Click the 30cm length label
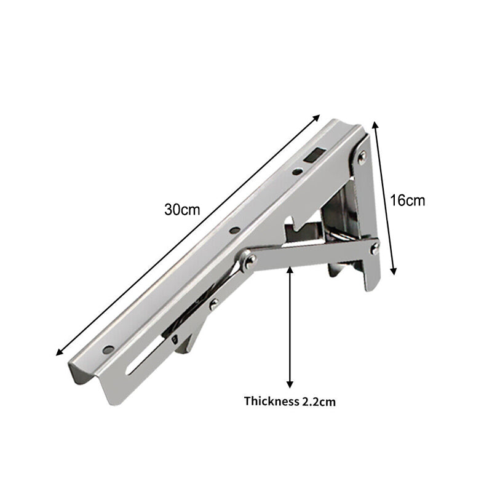(x=182, y=208)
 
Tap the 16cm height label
(x=408, y=200)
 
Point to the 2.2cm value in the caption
(x=319, y=402)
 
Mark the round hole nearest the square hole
(x=296, y=173)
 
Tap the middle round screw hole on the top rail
(x=234, y=231)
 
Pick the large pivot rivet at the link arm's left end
(x=249, y=261)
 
